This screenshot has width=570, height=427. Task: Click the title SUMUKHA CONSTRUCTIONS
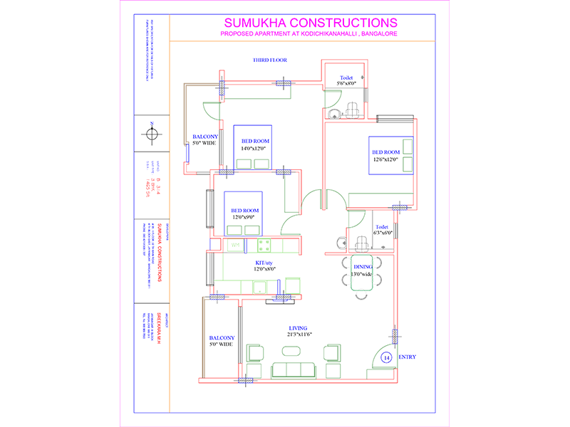[311, 23]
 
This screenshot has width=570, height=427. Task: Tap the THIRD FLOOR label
[269, 60]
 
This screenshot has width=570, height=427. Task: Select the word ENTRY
[408, 357]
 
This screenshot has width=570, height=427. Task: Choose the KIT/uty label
[266, 263]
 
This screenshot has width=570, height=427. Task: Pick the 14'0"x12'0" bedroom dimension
[253, 148]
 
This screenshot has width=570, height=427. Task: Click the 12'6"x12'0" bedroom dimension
[387, 159]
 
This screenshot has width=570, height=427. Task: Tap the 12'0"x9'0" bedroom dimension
[244, 217]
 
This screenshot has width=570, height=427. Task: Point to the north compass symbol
[151, 133]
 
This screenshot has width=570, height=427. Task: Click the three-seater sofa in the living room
[294, 369]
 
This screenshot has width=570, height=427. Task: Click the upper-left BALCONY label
[204, 137]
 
